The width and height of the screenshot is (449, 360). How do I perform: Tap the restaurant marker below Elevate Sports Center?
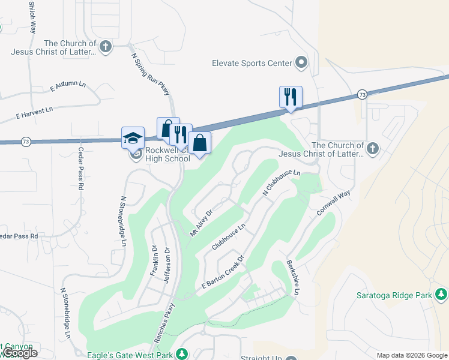(291, 97)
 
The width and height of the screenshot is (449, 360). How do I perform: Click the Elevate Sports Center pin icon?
(301, 63)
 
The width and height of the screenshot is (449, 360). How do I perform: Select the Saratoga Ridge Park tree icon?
(442, 295)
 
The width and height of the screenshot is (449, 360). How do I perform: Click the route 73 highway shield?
(361, 95)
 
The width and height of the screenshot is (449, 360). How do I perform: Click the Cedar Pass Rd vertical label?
(80, 170)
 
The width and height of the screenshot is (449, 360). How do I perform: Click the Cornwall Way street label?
(334, 204)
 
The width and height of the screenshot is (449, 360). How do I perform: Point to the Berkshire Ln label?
(292, 277)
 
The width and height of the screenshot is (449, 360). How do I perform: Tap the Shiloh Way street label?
(32, 18)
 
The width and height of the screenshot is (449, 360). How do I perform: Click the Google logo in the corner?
(20, 353)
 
